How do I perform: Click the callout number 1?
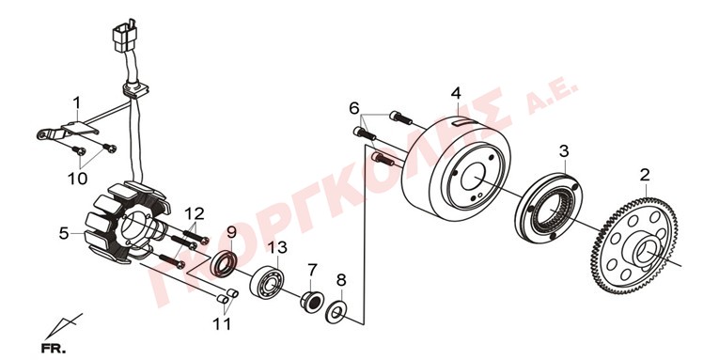[76, 103]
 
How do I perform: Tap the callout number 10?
[77, 178]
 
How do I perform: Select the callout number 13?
[277, 247]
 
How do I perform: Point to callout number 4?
[455, 93]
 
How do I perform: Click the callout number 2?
[645, 174]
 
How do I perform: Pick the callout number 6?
[354, 108]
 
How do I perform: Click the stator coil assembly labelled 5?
[125, 223]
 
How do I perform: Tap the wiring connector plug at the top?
[124, 35]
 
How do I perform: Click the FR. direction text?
[53, 348]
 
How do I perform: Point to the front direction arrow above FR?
[63, 326]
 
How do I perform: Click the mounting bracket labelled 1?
[68, 130]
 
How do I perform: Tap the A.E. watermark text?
[552, 98]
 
